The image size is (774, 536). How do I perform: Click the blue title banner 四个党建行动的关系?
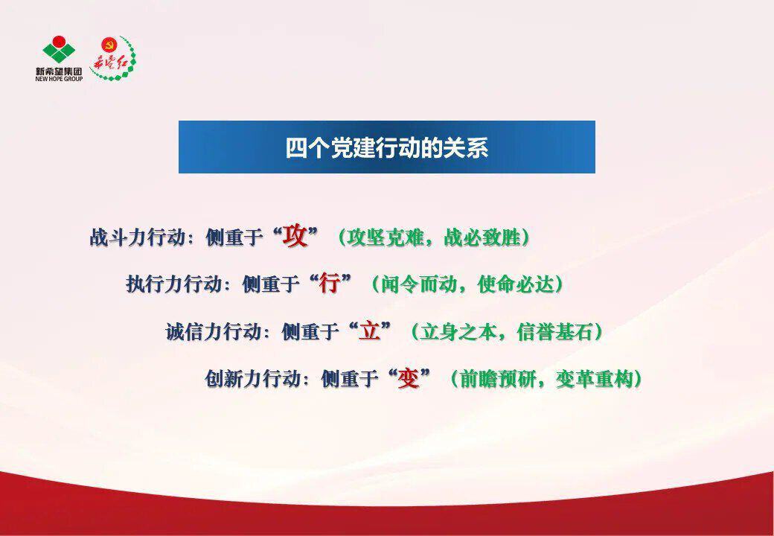386,147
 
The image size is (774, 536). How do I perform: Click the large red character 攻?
295,237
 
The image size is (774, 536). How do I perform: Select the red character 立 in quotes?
370,331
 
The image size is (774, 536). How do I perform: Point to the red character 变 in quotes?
409,379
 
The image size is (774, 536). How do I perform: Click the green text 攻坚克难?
385,237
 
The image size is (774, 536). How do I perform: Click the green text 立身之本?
458,331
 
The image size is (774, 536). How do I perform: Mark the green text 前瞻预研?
498,379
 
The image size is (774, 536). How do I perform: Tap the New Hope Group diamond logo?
59,50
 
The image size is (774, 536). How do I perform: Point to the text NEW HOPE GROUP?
59,78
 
